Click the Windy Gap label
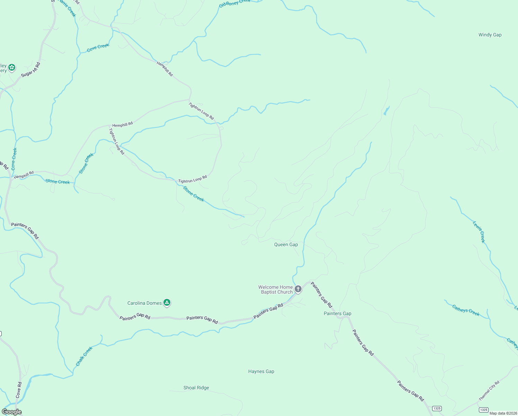click(490, 35)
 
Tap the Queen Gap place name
click(286, 244)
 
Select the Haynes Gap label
click(261, 371)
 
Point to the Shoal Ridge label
click(196, 388)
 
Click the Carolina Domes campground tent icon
click(167, 303)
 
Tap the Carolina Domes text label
click(144, 303)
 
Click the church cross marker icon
click(298, 289)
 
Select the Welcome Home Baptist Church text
click(276, 289)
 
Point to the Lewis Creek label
click(479, 232)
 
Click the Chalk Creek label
click(84, 356)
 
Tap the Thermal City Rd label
click(489, 391)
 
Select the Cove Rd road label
click(19, 390)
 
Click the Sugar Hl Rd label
click(31, 70)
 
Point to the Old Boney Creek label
click(234, 3)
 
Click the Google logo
click(11, 412)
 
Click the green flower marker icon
click(12, 67)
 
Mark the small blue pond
click(386, 111)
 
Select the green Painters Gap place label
click(337, 313)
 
